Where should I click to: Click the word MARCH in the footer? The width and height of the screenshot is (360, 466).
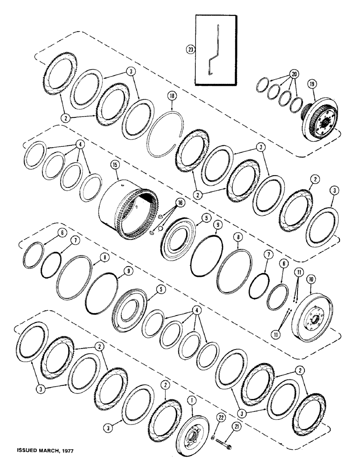pos(47,452)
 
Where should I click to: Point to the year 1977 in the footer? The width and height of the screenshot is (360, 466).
pos(68,452)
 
